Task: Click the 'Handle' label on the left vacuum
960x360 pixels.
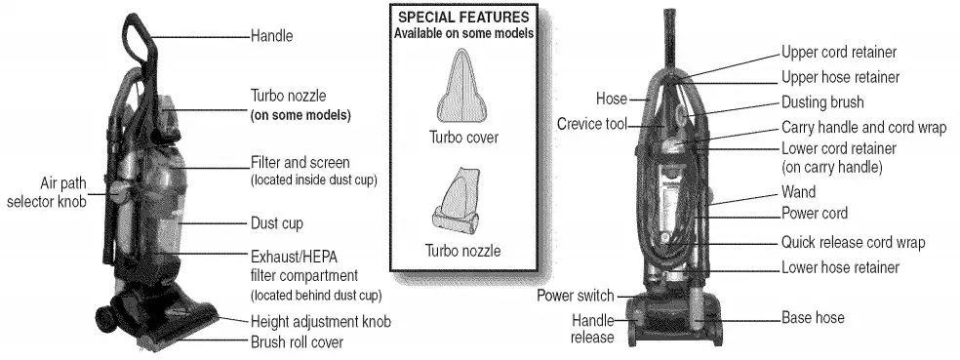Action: click(272, 36)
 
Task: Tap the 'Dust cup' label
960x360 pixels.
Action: click(277, 223)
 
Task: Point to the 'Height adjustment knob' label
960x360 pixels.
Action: click(313, 321)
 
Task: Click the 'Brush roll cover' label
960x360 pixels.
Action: click(297, 342)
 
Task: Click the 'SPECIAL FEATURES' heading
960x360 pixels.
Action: click(463, 18)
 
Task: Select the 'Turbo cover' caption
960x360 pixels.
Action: click(463, 138)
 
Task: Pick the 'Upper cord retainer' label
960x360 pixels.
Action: click(838, 52)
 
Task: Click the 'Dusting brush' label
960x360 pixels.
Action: click(822, 101)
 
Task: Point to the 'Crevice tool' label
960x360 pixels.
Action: click(592, 124)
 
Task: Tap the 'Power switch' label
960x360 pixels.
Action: click(575, 296)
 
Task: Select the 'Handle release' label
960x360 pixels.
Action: click(592, 329)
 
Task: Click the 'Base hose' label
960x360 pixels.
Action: click(813, 318)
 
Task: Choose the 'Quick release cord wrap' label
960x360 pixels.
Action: click(853, 242)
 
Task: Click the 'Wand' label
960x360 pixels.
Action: click(799, 192)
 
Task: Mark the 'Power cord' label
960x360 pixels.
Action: click(815, 213)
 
